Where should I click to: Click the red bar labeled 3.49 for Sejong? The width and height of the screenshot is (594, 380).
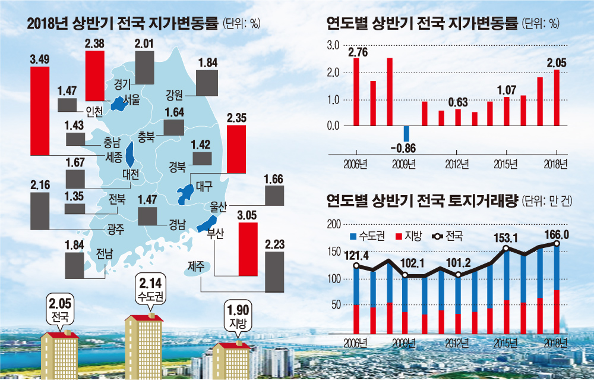tap(40, 111)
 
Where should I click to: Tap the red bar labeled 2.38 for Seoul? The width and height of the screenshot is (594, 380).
tap(95, 76)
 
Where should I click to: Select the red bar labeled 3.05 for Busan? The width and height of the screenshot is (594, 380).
tap(248, 249)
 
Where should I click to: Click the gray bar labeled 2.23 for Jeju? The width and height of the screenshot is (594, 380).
tap(274, 271)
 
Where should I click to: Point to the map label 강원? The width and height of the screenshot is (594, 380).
tap(174, 93)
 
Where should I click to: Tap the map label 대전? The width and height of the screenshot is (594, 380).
tap(130, 175)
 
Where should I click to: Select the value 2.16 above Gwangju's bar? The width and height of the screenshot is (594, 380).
tap(40, 185)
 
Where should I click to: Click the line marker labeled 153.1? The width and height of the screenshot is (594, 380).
tap(506, 249)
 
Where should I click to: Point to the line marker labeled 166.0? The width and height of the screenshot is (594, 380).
tap(557, 243)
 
